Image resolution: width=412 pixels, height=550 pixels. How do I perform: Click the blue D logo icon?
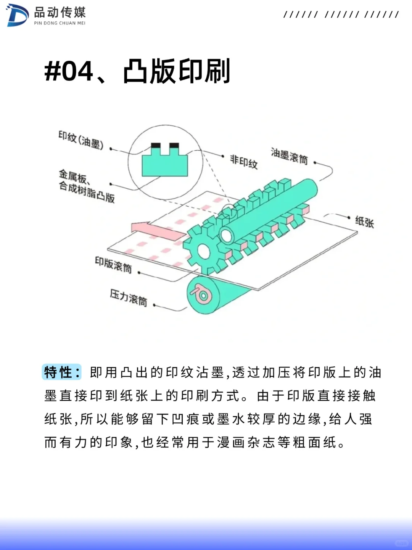tap(17, 15)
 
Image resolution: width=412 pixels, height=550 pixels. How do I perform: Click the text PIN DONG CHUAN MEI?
tap(60, 23)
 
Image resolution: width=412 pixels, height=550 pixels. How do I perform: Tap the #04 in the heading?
tap(69, 71)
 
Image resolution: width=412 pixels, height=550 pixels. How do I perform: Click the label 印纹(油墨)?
tap(81, 140)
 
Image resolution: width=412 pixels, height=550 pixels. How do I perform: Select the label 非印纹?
tap(244, 161)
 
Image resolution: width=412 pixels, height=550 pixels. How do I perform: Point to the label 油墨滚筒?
tap(289, 156)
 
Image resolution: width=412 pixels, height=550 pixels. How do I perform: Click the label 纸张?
tap(364, 222)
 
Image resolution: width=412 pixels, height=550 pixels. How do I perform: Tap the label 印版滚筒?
tap(113, 264)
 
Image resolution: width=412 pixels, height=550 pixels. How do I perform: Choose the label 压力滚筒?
tap(128, 298)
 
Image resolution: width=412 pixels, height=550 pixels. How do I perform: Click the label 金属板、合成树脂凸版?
tap(86, 186)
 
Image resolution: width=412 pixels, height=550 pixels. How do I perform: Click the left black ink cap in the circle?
tap(156, 146)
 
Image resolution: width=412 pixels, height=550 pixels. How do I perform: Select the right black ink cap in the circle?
tap(174, 146)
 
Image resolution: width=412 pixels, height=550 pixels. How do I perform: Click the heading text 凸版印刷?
tap(177, 71)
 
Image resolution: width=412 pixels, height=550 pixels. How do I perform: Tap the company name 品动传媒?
tap(60, 12)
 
